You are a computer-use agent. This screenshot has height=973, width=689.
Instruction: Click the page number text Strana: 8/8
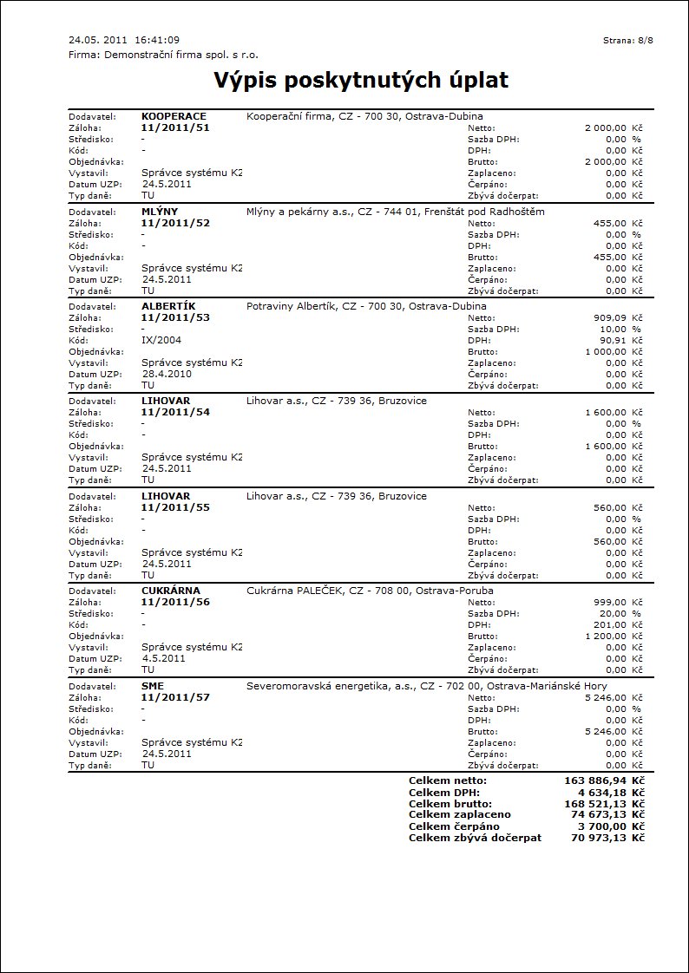(627, 41)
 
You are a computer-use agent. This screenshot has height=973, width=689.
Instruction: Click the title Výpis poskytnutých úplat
(361, 81)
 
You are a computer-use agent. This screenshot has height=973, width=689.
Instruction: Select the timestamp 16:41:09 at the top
(157, 41)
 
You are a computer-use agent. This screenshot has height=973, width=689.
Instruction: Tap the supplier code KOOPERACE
(174, 116)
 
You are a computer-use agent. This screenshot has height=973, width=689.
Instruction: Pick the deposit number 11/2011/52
(175, 223)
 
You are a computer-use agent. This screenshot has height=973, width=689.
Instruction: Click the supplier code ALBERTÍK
(168, 306)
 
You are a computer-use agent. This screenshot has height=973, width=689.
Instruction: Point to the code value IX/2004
(161, 340)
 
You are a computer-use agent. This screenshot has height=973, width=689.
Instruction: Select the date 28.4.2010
(167, 374)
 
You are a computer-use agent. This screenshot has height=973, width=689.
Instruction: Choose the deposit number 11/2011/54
(175, 412)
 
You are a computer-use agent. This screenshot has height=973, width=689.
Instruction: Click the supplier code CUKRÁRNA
(171, 591)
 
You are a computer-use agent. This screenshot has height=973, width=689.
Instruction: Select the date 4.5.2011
(163, 658)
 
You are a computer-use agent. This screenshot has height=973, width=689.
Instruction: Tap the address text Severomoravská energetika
(312, 686)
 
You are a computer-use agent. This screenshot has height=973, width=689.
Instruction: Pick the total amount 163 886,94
(594, 781)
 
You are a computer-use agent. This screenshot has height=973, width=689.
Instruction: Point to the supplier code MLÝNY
(160, 212)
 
